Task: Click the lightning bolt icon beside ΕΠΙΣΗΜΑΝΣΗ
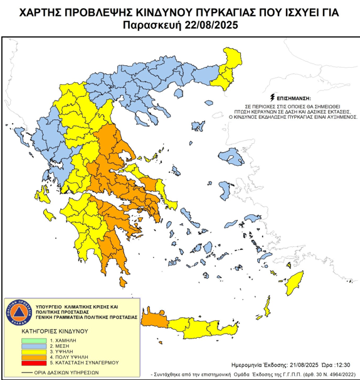pyautogui.click(x=271, y=98)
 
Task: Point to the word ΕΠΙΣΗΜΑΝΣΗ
pyautogui.click(x=293, y=99)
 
